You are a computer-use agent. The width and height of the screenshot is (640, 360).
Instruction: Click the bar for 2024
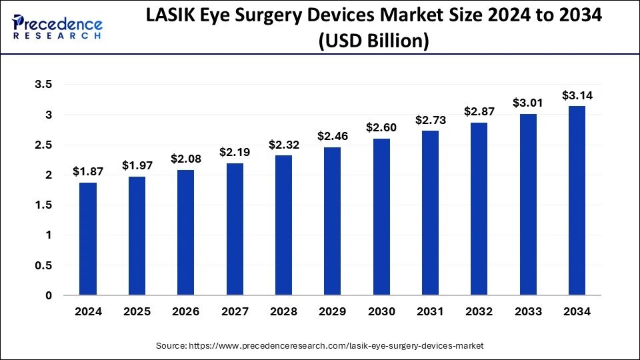pyautogui.click(x=87, y=239)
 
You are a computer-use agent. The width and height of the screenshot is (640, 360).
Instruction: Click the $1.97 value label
pyautogui.click(x=136, y=165)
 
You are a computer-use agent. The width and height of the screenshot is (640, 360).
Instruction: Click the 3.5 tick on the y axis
pyautogui.click(x=44, y=85)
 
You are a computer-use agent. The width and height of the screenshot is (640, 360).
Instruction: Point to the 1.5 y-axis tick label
pyautogui.click(x=44, y=205)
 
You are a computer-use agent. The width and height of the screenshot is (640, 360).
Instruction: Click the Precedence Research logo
pyautogui.click(x=57, y=25)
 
